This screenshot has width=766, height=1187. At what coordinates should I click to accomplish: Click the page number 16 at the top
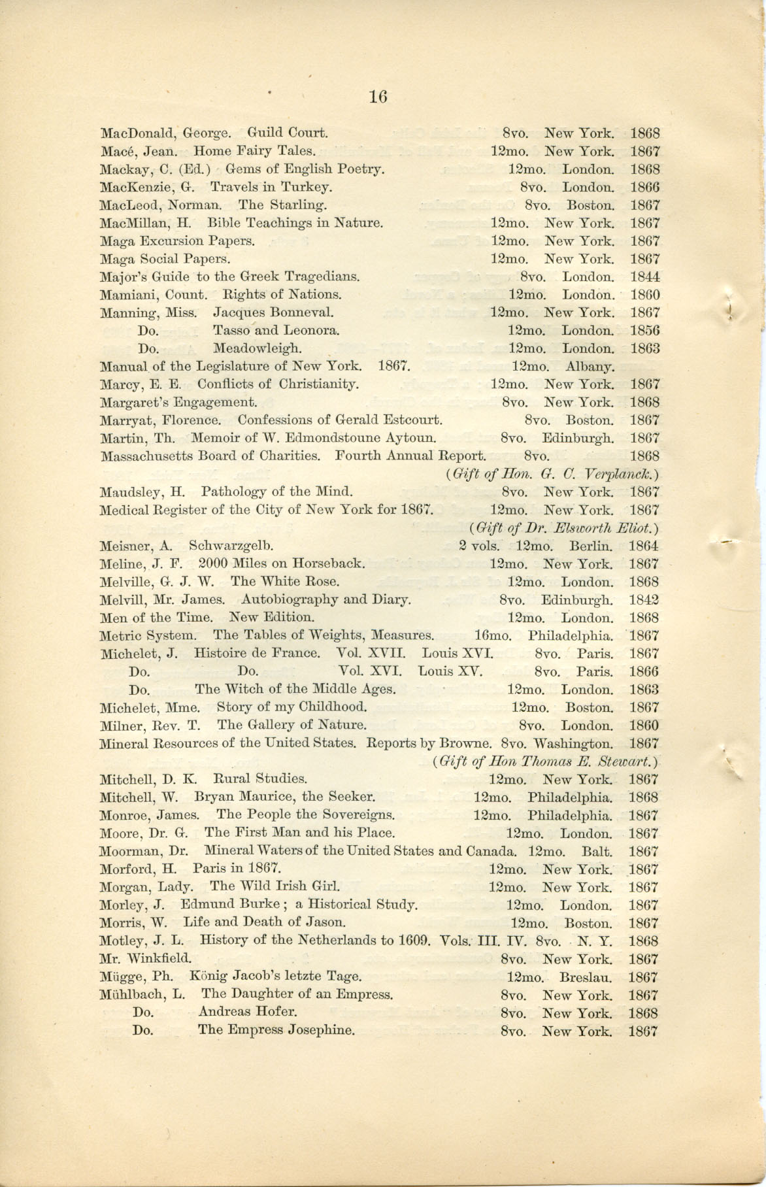pyautogui.click(x=378, y=97)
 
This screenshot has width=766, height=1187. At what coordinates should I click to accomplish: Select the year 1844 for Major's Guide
pyautogui.click(x=644, y=276)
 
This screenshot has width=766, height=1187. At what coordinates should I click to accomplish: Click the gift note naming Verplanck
pyautogui.click(x=550, y=474)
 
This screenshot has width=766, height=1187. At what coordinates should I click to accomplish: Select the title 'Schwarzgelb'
pyautogui.click(x=231, y=545)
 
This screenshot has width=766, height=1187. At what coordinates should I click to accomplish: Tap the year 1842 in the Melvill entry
pyautogui.click(x=644, y=599)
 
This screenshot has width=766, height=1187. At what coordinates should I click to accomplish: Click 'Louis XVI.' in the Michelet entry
pyautogui.click(x=458, y=653)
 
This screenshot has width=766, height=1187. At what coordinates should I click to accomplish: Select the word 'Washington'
pyautogui.click(x=573, y=743)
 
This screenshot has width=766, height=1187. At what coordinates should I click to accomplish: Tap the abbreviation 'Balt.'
pyautogui.click(x=596, y=851)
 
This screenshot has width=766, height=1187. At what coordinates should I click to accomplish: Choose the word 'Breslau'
pyautogui.click(x=586, y=977)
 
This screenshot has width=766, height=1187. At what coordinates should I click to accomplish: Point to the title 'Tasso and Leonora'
pyautogui.click(x=276, y=331)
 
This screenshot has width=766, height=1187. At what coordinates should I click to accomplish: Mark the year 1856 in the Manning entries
pyautogui.click(x=644, y=331)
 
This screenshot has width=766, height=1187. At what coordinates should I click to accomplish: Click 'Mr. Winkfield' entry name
pyautogui.click(x=145, y=959)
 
